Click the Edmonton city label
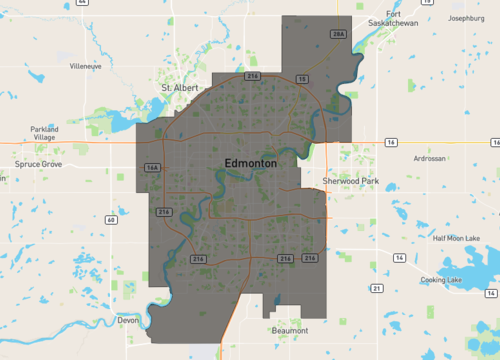point(244,162)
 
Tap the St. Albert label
point(181,88)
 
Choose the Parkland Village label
point(44,133)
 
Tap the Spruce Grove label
point(41,163)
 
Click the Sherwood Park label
point(351,181)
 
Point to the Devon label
point(127,321)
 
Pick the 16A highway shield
point(152,167)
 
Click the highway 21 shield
point(376,288)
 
